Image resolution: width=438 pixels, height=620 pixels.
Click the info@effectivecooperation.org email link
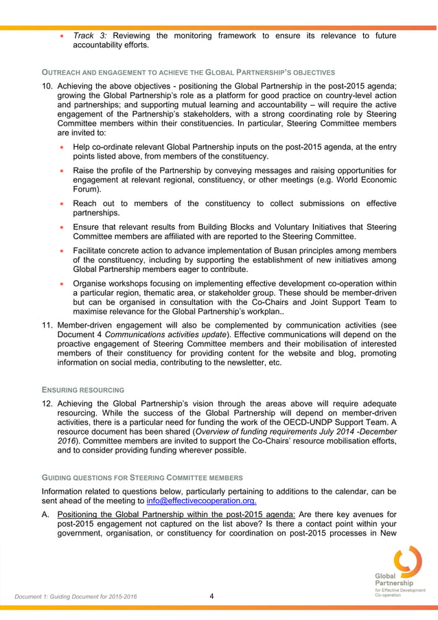pyautogui.click(x=202, y=501)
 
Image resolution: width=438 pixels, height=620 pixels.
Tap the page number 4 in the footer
pyautogui.click(x=211, y=595)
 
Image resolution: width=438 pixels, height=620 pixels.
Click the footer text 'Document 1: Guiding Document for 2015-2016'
pyautogui.click(x=76, y=597)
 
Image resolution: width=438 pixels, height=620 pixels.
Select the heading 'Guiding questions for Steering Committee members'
pyautogui.click(x=141, y=477)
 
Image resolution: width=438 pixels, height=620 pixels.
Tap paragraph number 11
pyautogui.click(x=47, y=324)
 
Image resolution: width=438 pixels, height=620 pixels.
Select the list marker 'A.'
pyautogui.click(x=46, y=515)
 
